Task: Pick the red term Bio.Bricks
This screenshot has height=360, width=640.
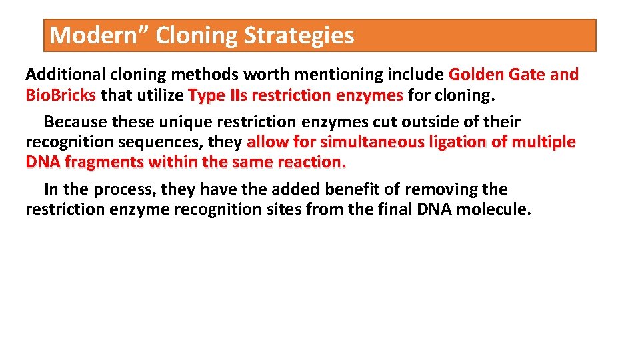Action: pyautogui.click(x=61, y=95)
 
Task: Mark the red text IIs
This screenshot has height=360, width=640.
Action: pyautogui.click(x=237, y=95)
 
